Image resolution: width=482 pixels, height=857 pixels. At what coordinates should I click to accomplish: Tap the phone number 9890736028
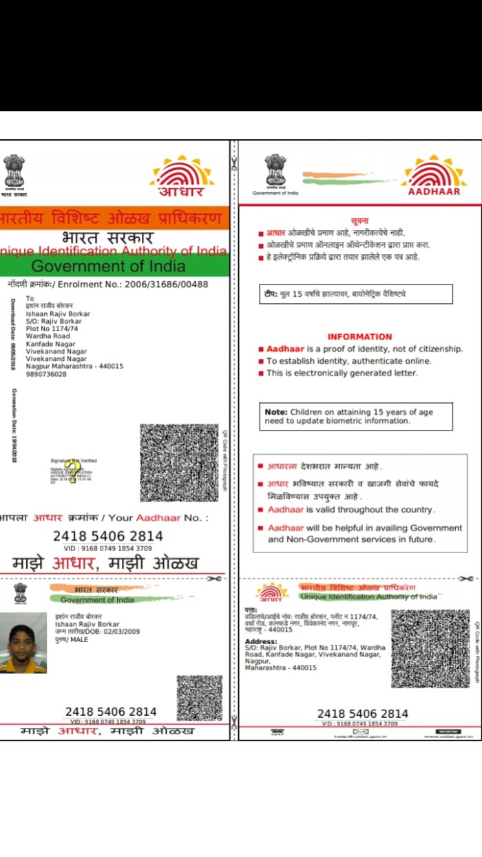coord(46,374)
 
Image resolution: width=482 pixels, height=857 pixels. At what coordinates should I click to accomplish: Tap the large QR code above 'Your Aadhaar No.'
coord(179,463)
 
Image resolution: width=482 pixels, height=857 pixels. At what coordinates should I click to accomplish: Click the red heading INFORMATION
coord(359,337)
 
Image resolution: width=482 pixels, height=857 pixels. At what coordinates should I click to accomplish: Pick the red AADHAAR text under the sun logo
coord(434,192)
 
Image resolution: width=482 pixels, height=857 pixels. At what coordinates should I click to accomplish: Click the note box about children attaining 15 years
coord(355,416)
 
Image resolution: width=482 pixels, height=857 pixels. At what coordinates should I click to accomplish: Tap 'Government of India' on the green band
coord(108,266)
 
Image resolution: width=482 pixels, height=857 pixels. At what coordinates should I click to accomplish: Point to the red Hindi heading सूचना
coord(359,220)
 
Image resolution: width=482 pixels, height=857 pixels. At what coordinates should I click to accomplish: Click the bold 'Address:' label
coord(261,641)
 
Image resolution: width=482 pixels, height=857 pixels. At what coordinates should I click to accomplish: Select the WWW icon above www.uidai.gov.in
coord(448,731)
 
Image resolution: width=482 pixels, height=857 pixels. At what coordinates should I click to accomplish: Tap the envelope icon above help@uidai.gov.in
coord(361,731)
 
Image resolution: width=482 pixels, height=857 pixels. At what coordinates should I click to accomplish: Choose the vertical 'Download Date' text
coord(13,335)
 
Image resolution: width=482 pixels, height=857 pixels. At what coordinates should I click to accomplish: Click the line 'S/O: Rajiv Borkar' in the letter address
coord(54,321)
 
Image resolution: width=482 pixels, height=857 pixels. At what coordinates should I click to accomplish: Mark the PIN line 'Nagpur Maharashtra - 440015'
coord(74,366)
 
